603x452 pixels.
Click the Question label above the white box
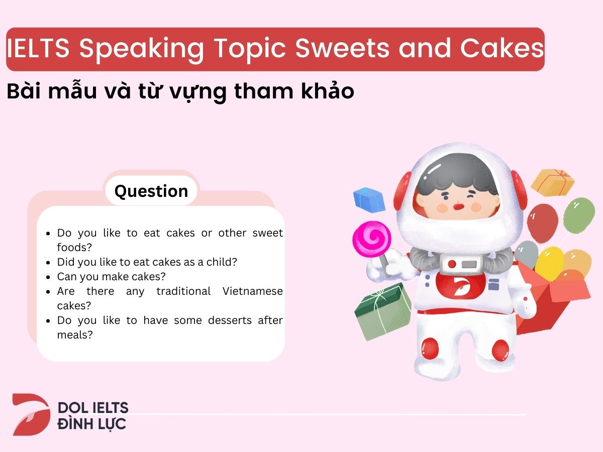(151, 191)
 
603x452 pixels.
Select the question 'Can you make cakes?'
(111, 277)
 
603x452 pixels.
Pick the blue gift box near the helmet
(369, 199)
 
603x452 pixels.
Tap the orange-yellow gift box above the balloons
(552, 181)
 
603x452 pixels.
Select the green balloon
(578, 214)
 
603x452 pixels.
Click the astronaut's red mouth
(457, 206)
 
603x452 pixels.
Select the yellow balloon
(549, 262)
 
